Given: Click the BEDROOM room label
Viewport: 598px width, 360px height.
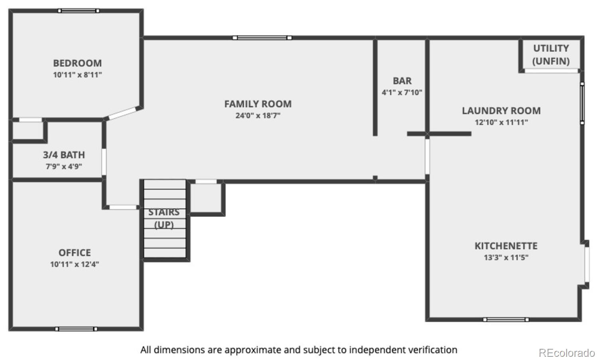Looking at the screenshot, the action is coord(77,63).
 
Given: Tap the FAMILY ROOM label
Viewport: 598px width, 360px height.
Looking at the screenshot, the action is coord(258,104).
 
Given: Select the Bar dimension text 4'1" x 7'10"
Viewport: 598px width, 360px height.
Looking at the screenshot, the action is coord(402,92).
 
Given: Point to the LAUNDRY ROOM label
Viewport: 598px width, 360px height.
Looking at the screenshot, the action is coord(502,110).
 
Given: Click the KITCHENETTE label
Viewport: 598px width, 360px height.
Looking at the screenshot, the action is coord(506,246).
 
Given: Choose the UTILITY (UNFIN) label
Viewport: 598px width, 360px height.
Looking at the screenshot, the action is coord(551,55).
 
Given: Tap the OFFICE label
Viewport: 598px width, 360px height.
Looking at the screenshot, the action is coord(75,253).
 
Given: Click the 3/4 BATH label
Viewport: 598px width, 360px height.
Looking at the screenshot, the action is coord(64,155).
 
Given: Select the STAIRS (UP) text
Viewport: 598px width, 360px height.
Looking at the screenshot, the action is coord(164,218).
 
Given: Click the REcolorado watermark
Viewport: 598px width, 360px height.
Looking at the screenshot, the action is coord(567,353).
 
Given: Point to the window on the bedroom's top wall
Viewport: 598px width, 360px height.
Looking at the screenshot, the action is coord(79,11).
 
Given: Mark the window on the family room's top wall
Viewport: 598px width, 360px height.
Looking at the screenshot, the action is coord(262,37).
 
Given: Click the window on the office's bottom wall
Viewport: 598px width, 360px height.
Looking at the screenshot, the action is coord(77,329).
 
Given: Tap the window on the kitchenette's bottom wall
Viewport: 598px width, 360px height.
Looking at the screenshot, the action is coord(506,320).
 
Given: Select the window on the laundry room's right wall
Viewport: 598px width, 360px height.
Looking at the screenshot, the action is coord(582,103).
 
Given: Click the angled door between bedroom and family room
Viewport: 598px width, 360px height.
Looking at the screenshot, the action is coord(122,114).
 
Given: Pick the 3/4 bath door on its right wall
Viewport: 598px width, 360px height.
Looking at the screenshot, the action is coord(104,162).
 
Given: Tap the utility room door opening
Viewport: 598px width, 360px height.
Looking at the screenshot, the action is coord(551,71).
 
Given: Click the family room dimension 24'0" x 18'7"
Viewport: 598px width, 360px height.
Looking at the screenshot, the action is coord(258,116).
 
